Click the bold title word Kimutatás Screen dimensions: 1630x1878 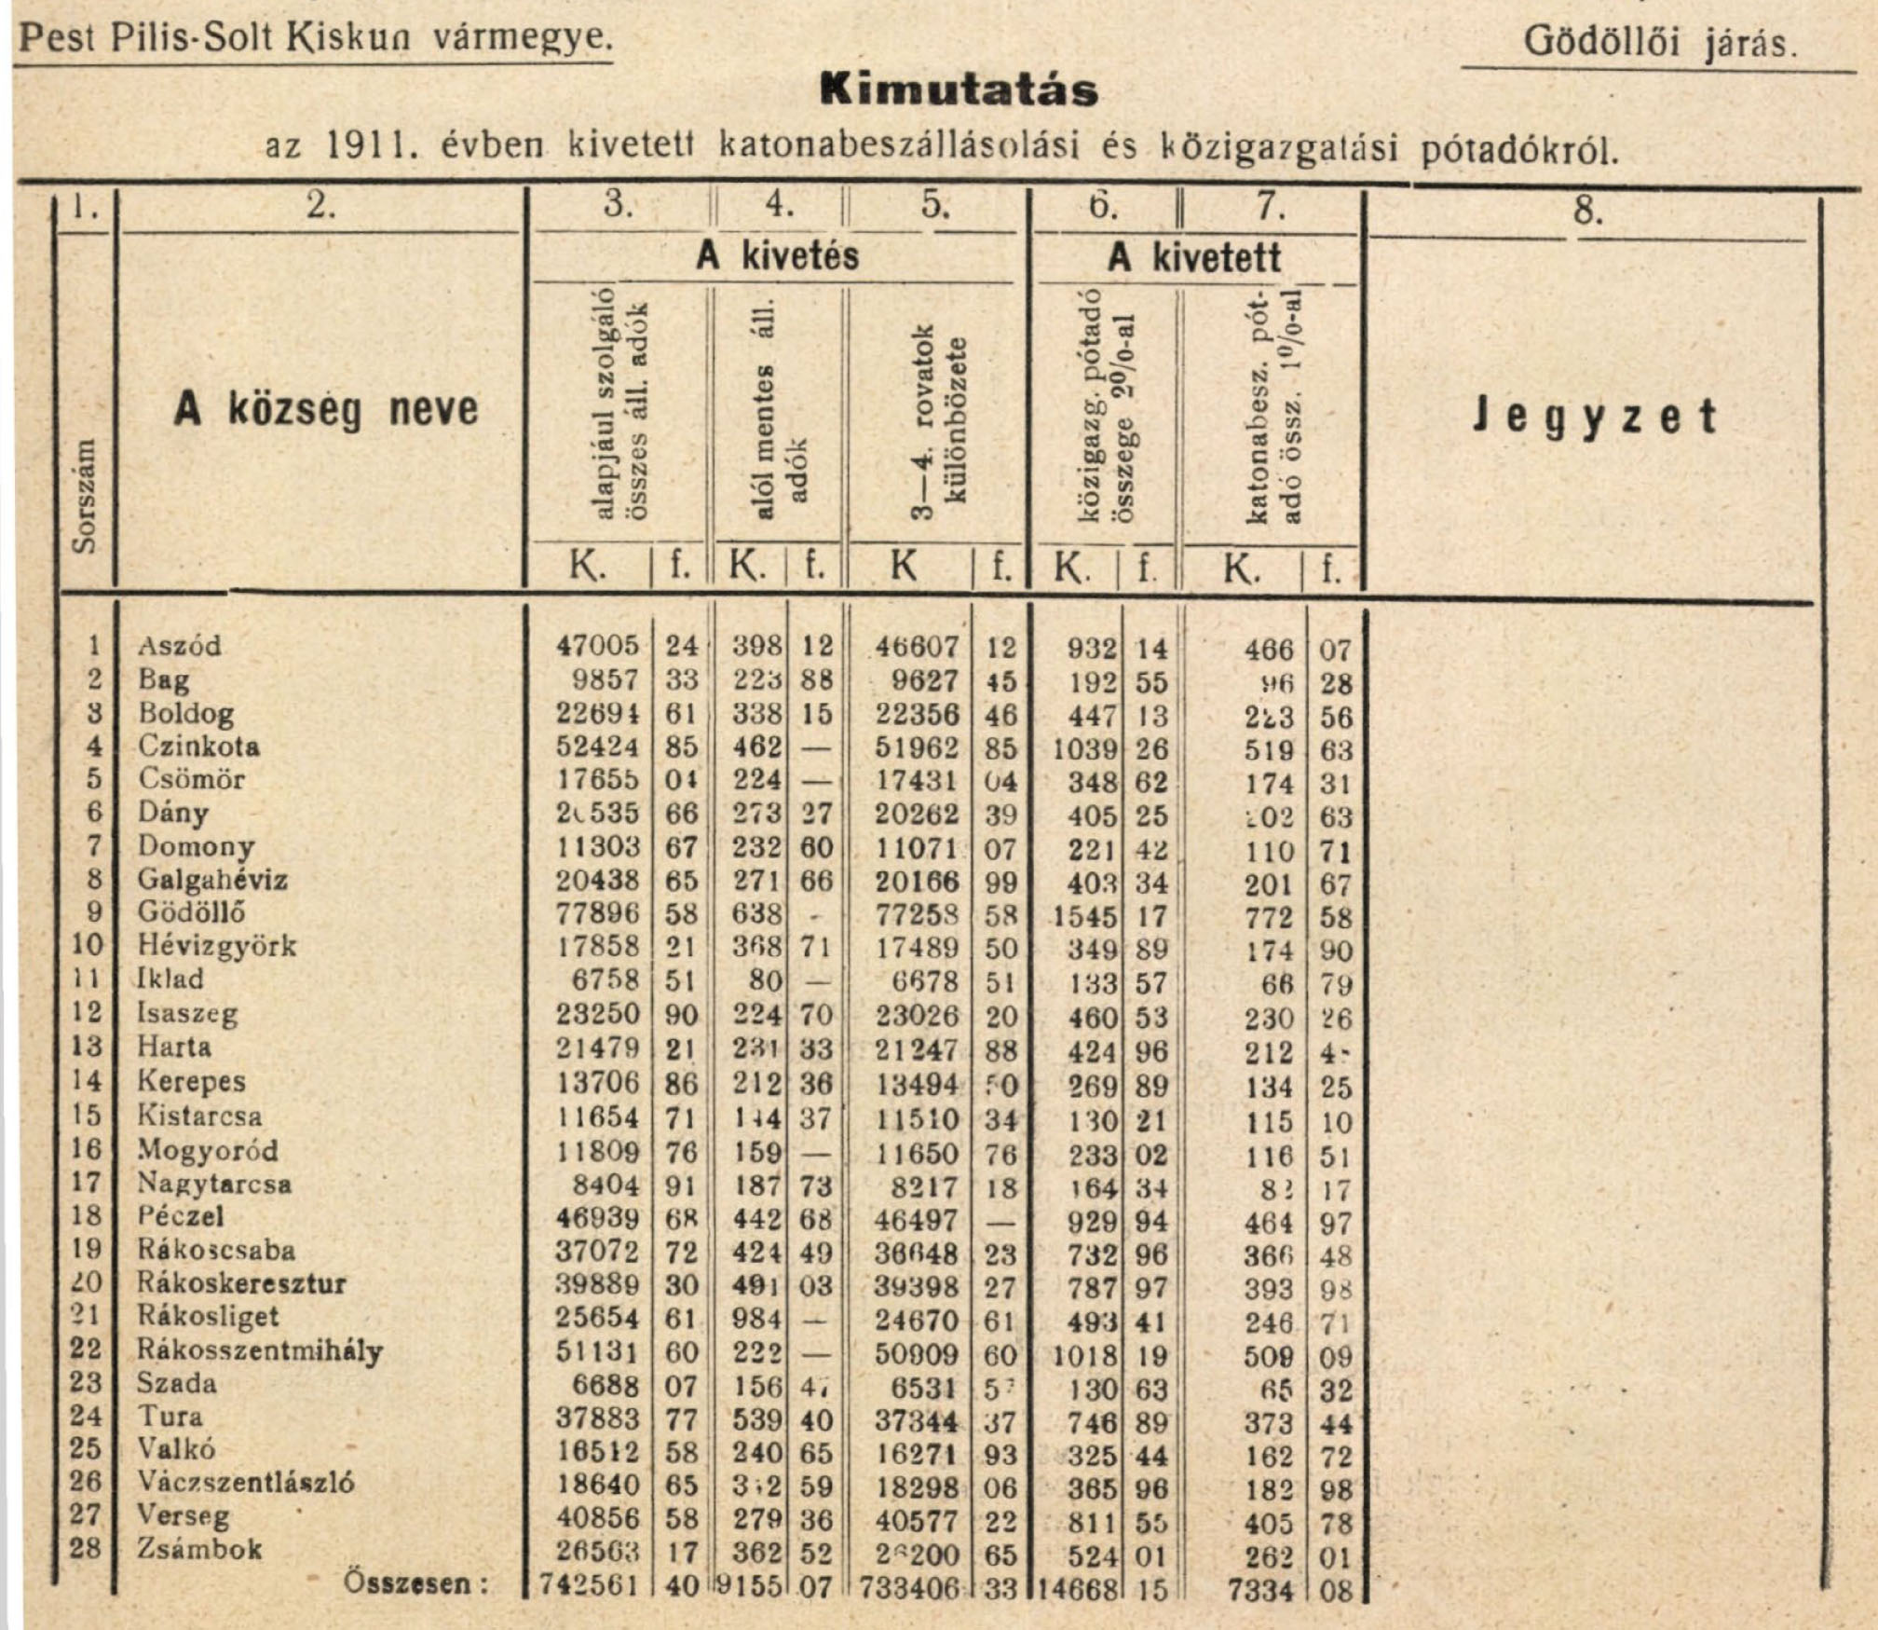[x=959, y=90]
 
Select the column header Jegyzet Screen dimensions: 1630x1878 [x=1594, y=417]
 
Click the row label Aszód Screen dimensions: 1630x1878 [x=180, y=645]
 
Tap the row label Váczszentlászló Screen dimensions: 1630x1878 [x=246, y=1482]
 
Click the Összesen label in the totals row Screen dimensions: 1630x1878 [x=415, y=1582]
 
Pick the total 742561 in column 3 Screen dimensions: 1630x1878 [x=591, y=1585]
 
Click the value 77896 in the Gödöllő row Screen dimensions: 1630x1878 [x=597, y=913]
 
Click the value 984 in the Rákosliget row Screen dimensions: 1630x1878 [x=756, y=1319]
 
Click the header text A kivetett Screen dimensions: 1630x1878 [x=1194, y=257]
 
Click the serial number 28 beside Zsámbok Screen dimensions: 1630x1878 [x=86, y=1548]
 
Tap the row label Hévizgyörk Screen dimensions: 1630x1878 [x=216, y=945]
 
